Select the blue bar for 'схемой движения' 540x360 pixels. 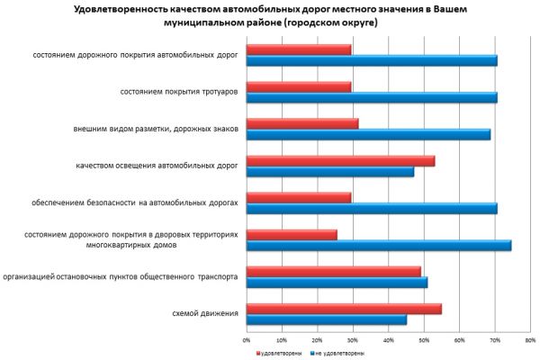tap(326, 319)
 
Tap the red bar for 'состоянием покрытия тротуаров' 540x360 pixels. tap(298, 86)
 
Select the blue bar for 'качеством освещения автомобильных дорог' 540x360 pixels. tap(329, 171)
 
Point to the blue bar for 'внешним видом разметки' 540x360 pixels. tap(368, 134)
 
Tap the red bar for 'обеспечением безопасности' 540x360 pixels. tap(298, 197)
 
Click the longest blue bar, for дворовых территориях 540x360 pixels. tap(378, 245)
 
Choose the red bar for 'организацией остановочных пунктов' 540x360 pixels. tap(333, 271)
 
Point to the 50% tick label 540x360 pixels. tap(424, 340)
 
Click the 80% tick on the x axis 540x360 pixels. tap(530, 340)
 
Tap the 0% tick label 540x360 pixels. tap(247, 340)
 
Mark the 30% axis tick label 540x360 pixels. tap(353, 340)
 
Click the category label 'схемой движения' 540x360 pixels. tap(204, 313)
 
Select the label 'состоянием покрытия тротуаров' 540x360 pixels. tap(178, 92)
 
